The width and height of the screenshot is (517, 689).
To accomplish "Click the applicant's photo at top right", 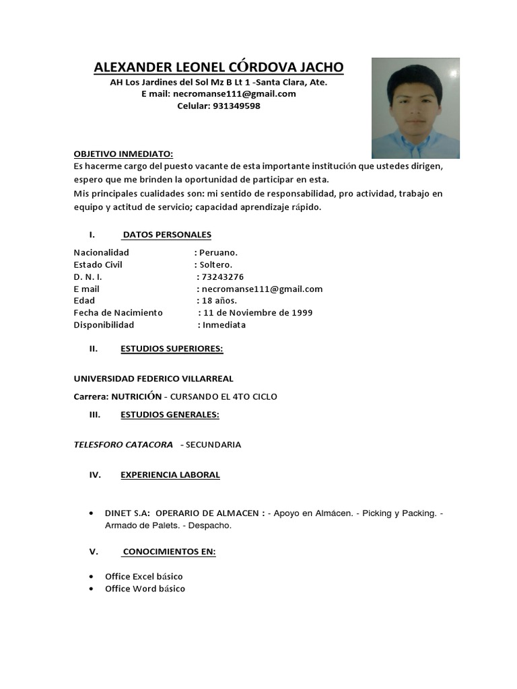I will (x=415, y=108).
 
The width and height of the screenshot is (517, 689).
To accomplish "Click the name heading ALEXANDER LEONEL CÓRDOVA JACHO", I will (x=218, y=67).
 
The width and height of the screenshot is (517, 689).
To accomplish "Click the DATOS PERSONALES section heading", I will (x=167, y=235).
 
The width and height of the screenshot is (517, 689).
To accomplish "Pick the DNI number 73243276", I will (x=221, y=277).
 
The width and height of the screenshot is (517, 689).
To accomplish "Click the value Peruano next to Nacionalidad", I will (x=218, y=252).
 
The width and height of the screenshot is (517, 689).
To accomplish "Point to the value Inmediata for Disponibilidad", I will (x=223, y=325).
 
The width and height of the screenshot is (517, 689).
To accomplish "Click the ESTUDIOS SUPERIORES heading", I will (x=172, y=349).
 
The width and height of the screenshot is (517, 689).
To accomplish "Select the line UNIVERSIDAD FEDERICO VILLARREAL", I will (x=153, y=379).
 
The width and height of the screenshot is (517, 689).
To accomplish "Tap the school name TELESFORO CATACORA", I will (x=123, y=445).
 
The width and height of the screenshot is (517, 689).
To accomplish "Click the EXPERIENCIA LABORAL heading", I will (x=170, y=475).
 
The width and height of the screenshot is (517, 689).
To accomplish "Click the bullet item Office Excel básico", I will (x=143, y=577).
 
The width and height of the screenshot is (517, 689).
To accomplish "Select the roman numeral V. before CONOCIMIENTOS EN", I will (x=94, y=552).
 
